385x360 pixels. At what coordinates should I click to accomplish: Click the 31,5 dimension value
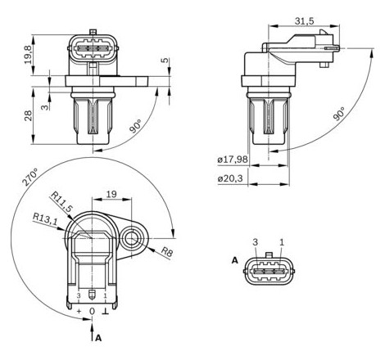click(x=304, y=20)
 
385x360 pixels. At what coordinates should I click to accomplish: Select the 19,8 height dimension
click(x=28, y=55)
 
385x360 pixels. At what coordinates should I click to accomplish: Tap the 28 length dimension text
click(x=28, y=115)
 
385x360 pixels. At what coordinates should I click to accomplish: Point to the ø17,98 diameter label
click(x=233, y=159)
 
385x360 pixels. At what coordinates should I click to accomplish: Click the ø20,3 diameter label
click(x=230, y=178)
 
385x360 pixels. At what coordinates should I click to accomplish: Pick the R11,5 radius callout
click(x=62, y=202)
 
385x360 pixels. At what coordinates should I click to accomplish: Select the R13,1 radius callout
click(x=45, y=219)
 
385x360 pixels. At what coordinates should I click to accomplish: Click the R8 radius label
click(x=166, y=252)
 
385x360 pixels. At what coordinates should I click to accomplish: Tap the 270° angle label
click(x=30, y=178)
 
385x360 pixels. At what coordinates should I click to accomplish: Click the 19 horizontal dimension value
click(x=111, y=194)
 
